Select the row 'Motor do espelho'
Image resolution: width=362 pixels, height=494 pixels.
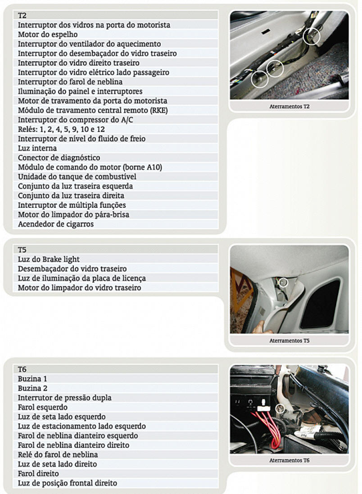point(48,34)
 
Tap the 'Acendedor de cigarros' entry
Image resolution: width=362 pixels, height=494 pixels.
point(56,224)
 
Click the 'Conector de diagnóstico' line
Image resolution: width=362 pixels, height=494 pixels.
point(59,157)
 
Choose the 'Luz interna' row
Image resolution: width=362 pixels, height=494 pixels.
point(37,148)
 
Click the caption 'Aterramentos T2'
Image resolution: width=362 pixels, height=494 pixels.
point(289,107)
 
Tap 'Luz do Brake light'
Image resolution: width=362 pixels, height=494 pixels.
point(49,259)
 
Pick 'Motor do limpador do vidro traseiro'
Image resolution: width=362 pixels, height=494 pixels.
point(79,287)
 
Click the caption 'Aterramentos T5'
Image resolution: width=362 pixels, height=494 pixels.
point(289,341)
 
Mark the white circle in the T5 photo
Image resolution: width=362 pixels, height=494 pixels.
point(283,283)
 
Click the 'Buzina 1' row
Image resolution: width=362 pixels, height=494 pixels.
point(32,379)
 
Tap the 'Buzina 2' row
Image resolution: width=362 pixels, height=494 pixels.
point(32,388)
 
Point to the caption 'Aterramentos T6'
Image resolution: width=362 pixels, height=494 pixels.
point(289,460)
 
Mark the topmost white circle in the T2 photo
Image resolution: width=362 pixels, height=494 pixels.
point(311,36)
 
